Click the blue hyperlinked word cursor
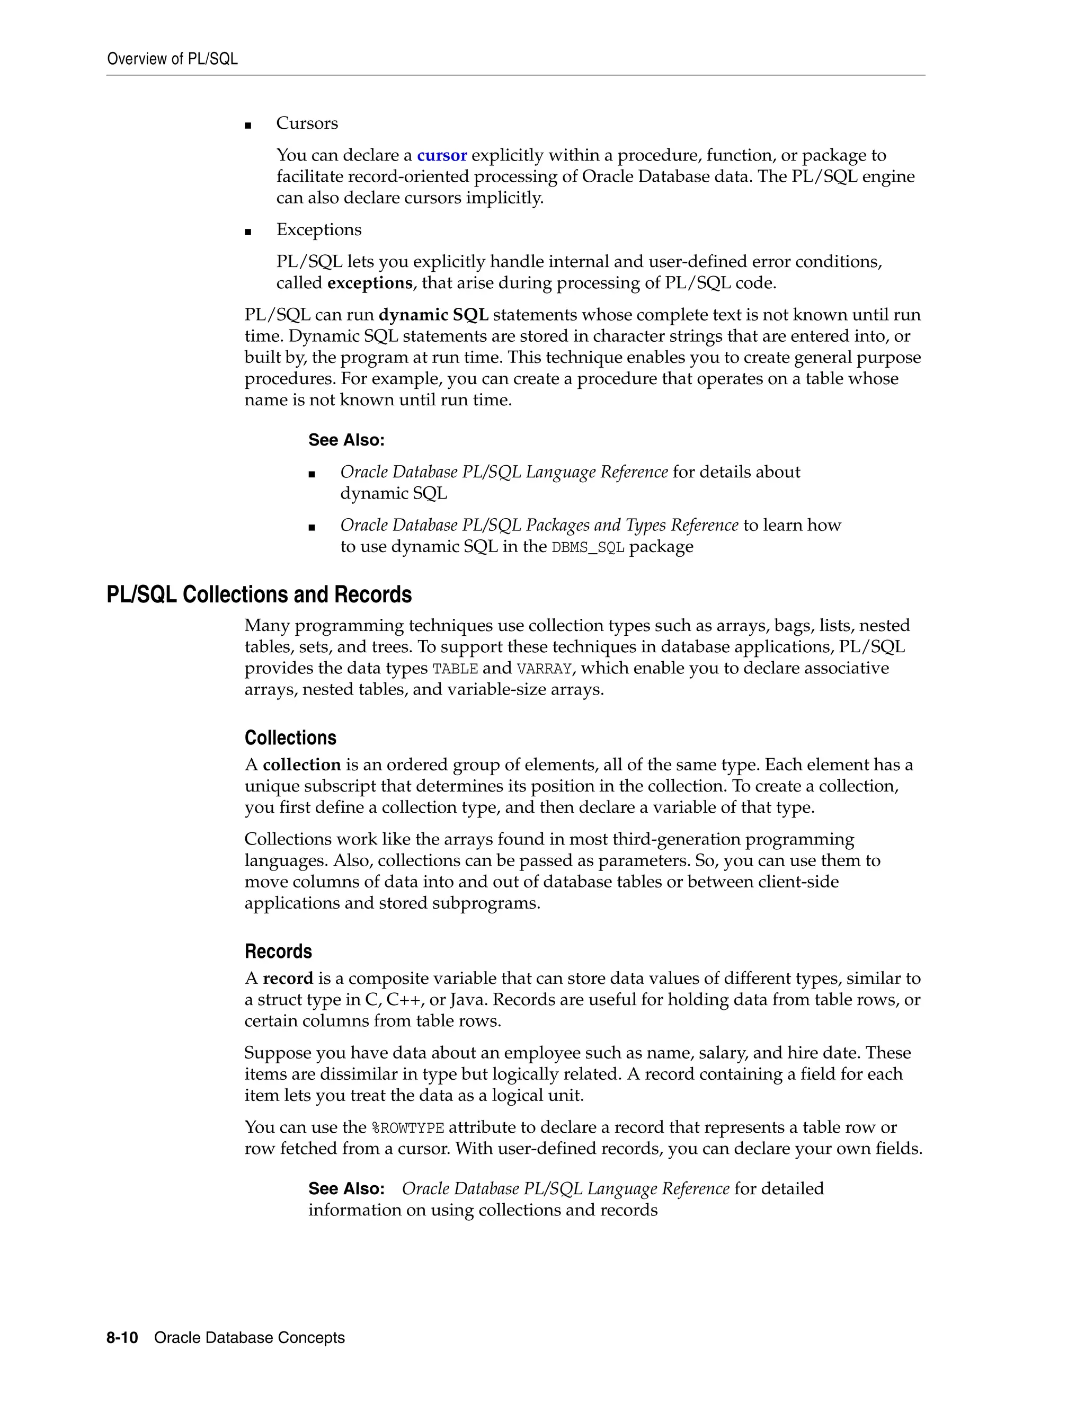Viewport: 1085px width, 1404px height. [442, 156]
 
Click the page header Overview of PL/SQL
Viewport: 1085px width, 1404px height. [172, 59]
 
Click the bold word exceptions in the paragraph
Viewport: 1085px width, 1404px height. [370, 283]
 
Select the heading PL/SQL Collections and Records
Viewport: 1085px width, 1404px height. [259, 594]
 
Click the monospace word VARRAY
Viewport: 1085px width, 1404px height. [544, 669]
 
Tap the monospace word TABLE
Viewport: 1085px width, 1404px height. [455, 669]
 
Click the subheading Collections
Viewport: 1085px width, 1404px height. [290, 738]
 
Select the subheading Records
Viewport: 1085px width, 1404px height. [278, 952]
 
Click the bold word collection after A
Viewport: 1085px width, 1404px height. [301, 765]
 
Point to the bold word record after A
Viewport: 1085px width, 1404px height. [288, 979]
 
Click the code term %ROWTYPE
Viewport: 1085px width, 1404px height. [408, 1127]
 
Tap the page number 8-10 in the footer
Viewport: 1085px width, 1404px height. [122, 1338]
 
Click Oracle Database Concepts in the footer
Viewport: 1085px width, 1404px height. [250, 1338]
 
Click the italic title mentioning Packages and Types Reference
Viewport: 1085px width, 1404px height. [539, 525]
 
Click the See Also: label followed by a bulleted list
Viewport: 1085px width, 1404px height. [346, 440]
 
